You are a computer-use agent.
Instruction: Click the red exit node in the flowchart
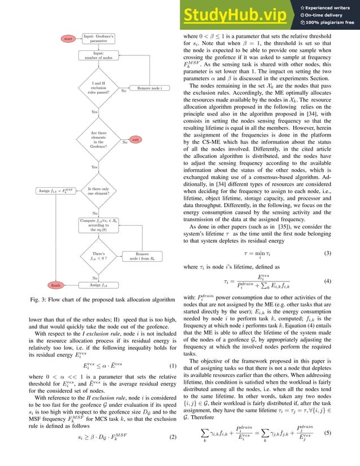point(135,139)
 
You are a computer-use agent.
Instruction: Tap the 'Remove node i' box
point(146,88)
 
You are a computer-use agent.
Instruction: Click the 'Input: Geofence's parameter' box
point(99,38)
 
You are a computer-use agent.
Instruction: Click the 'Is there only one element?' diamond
point(99,191)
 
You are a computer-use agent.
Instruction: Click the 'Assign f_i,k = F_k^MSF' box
point(55,191)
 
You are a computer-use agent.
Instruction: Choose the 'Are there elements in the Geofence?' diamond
point(99,139)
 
